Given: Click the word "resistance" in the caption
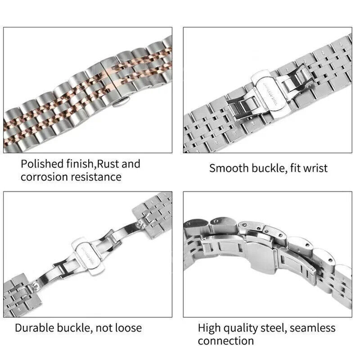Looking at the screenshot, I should coord(96,177).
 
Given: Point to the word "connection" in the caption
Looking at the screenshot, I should coord(226,341).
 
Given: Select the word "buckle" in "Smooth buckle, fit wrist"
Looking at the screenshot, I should coord(269,169).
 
